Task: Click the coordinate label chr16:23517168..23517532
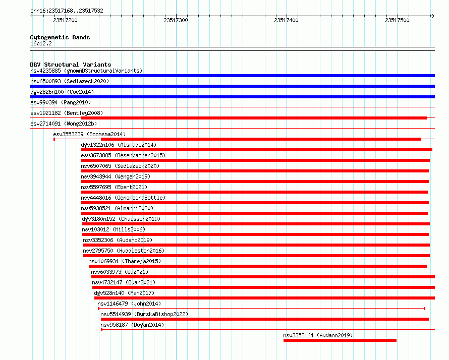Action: click(67, 11)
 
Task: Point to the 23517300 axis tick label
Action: click(176, 20)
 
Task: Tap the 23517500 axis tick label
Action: click(397, 20)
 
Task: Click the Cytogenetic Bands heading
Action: click(60, 37)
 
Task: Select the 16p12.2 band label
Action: click(41, 43)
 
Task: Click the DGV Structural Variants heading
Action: click(71, 65)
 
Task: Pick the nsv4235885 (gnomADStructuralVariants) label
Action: click(86, 71)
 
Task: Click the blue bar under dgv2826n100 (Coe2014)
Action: click(232, 97)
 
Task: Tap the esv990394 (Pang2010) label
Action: click(61, 102)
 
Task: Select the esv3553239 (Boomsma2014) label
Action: click(89, 134)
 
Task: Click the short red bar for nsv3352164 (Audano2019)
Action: click(340, 340)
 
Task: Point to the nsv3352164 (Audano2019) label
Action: click(318, 335)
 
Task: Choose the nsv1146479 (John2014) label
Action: click(129, 304)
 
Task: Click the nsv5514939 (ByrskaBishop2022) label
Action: click(144, 314)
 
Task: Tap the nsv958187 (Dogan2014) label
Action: click(132, 325)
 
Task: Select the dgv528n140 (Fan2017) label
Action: click(124, 293)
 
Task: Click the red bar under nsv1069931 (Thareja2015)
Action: click(258, 266)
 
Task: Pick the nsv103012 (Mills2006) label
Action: click(114, 229)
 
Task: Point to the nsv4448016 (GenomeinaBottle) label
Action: click(123, 198)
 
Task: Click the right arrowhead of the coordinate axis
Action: click(433, 16)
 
